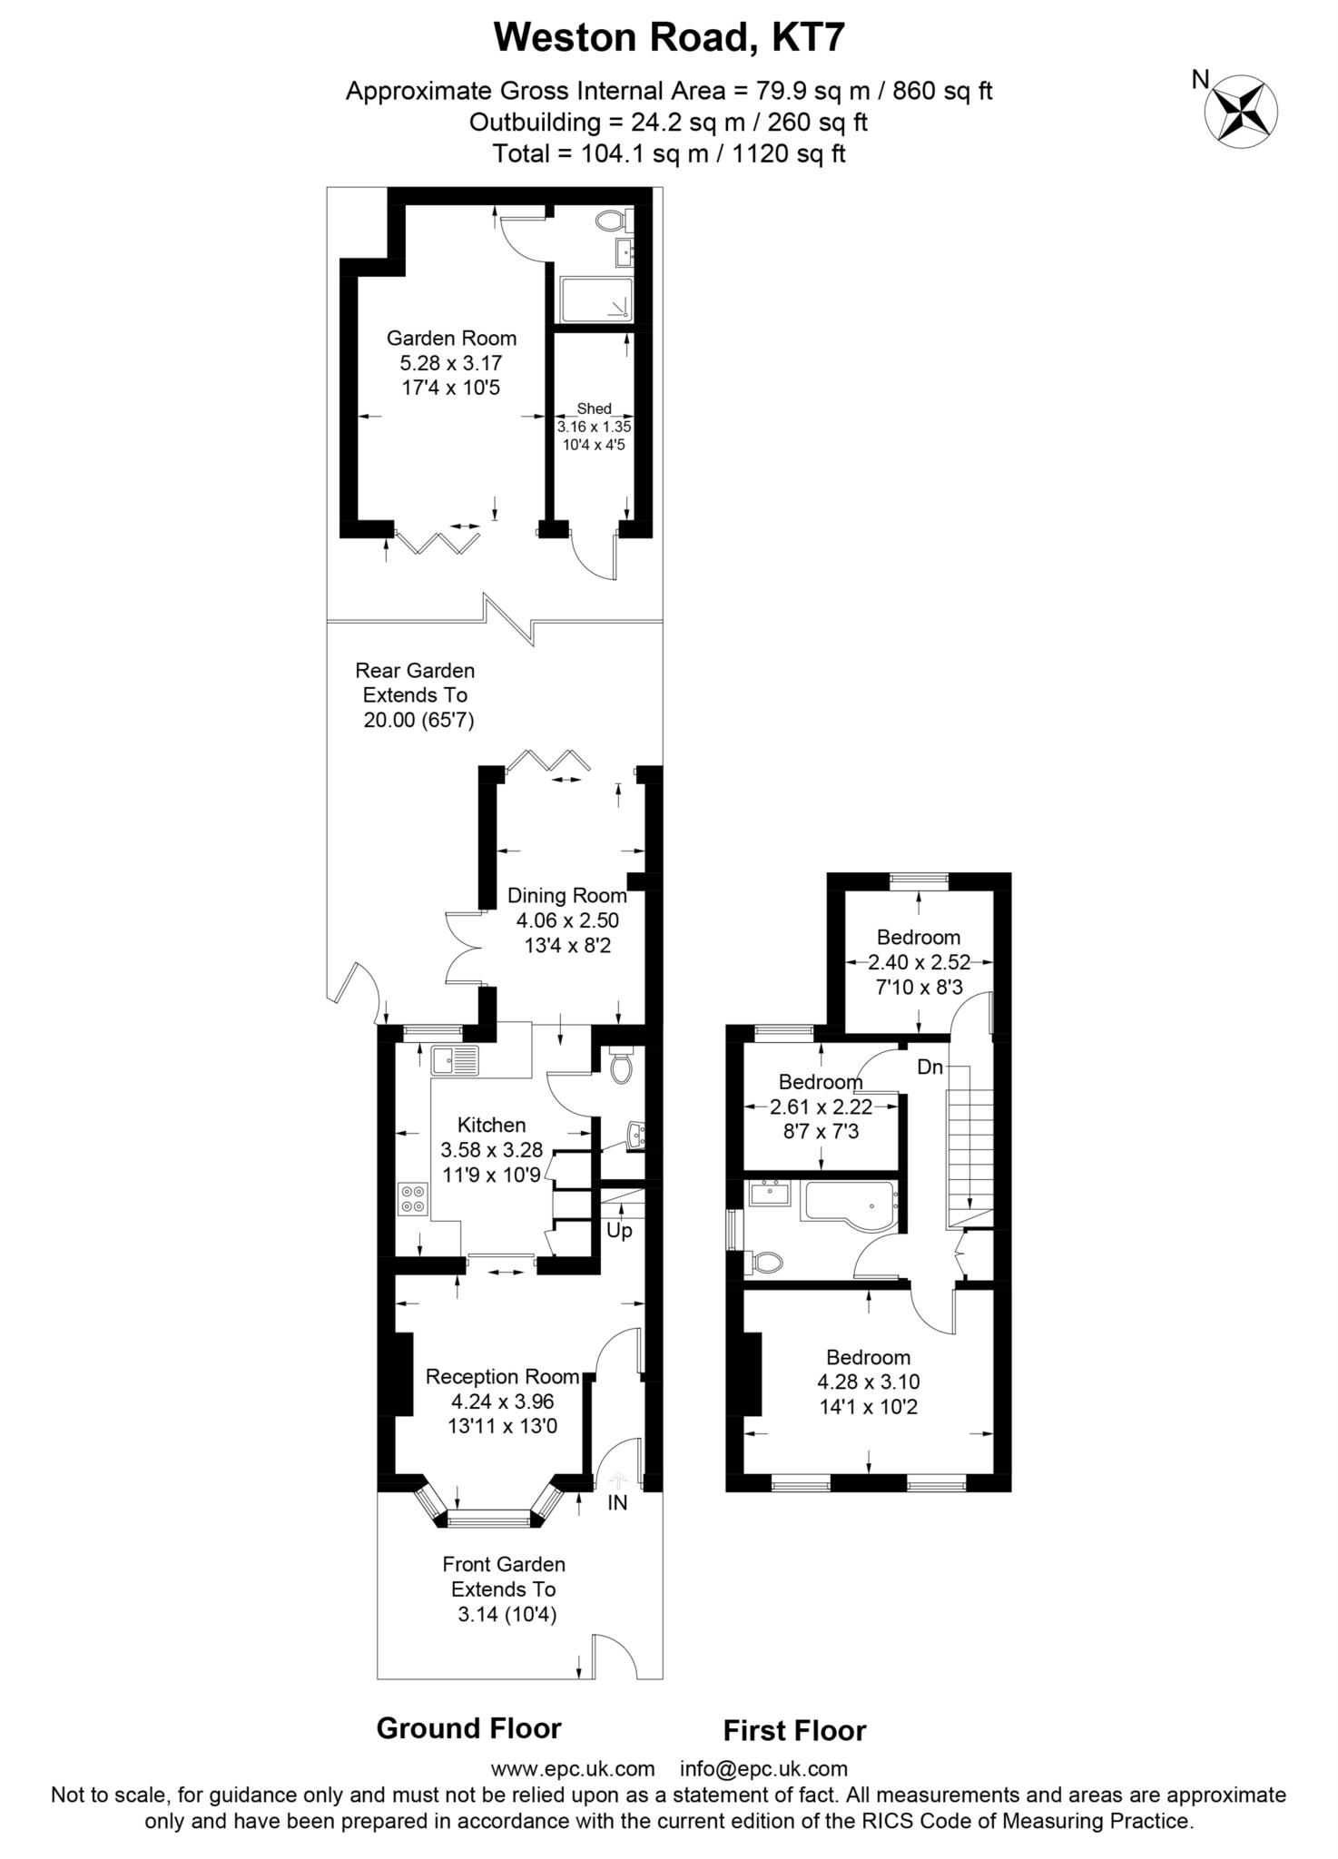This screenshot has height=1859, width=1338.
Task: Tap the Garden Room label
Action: pyautogui.click(x=451, y=339)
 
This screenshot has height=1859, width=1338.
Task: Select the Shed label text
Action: pyautogui.click(x=595, y=408)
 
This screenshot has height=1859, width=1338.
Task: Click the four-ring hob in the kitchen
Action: pyautogui.click(x=413, y=1198)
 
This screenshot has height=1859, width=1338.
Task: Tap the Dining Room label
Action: pyautogui.click(x=567, y=895)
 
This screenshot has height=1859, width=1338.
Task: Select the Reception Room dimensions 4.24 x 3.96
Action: pyautogui.click(x=502, y=1401)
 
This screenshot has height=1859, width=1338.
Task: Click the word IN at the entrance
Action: pyautogui.click(x=617, y=1502)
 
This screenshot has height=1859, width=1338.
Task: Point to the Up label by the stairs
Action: pyautogui.click(x=619, y=1232)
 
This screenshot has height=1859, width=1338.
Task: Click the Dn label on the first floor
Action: pyautogui.click(x=930, y=1067)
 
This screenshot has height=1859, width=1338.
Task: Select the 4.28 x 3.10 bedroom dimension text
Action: pyautogui.click(x=869, y=1382)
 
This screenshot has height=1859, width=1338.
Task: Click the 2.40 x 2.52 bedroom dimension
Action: pyautogui.click(x=920, y=962)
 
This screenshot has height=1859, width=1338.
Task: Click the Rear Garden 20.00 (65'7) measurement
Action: pyautogui.click(x=419, y=721)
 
